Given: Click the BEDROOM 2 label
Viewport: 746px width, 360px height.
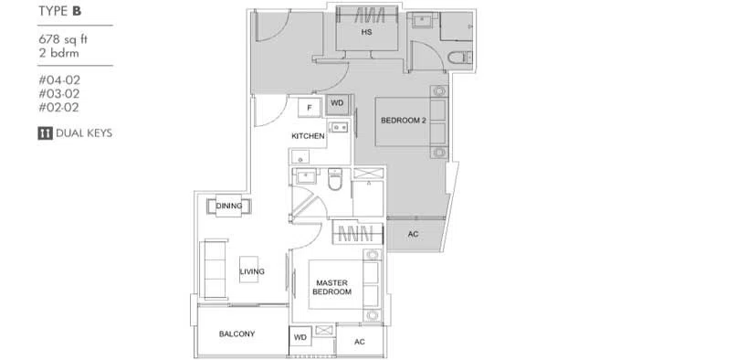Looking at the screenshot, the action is point(403,121).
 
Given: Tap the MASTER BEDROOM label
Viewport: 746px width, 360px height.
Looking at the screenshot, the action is point(331,287).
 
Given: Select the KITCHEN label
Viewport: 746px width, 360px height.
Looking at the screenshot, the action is point(308,136).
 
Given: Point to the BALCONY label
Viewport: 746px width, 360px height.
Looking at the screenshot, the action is point(236,334).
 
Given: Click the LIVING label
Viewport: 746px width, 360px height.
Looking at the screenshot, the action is point(252,271).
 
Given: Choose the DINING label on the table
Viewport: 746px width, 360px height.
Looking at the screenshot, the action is point(229,206).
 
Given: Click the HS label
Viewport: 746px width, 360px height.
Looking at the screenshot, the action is point(366,32).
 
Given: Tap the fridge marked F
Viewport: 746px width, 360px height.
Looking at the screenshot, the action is point(310,107).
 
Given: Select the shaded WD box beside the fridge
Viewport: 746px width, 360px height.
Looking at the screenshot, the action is point(337,104).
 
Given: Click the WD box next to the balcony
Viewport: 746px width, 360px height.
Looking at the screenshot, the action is point(300,337).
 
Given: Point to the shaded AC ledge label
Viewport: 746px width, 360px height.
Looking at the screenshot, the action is point(414,234).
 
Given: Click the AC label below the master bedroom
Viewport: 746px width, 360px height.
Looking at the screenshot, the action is point(360,342).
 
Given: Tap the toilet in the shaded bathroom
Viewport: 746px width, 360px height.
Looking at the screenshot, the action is point(459,58).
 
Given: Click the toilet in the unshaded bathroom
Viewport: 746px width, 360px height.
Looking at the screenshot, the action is point(335,179).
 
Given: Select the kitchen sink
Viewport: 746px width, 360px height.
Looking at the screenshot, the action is point(340,127).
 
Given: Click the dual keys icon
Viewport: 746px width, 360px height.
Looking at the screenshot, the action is point(45,133).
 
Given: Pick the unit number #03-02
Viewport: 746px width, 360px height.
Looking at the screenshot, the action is point(59,94).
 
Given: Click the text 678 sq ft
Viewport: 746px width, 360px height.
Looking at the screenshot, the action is point(63,39).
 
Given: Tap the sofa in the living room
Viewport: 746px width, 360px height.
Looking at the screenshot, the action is point(213,270).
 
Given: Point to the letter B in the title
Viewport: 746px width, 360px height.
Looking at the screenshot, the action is point(77,12).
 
